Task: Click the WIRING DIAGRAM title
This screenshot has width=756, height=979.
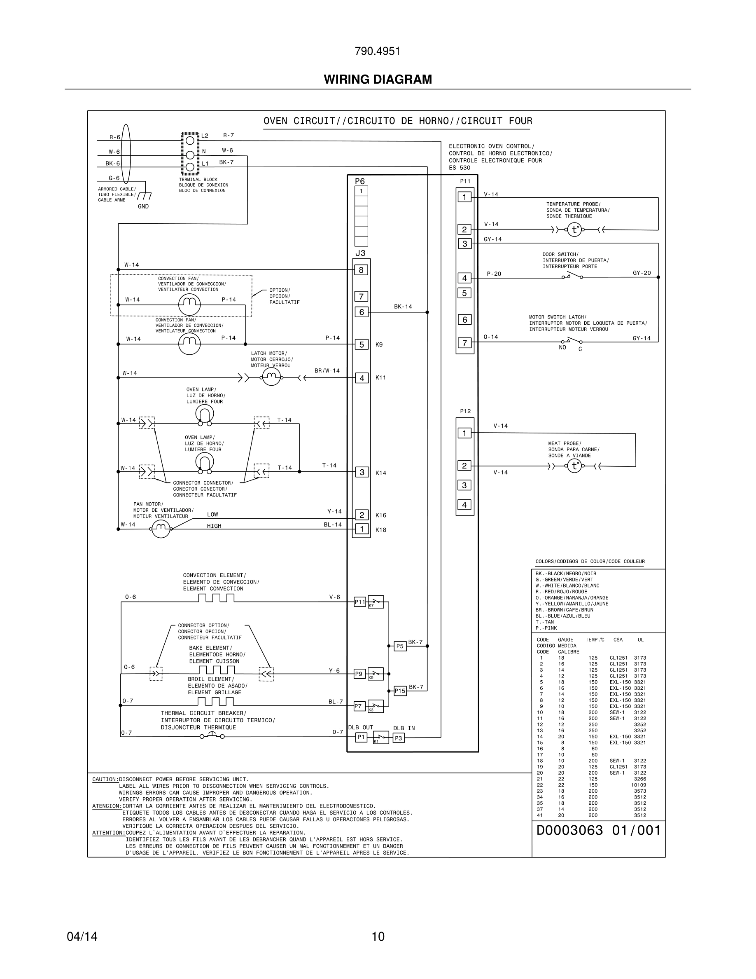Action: point(378,80)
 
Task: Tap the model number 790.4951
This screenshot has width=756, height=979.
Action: point(378,51)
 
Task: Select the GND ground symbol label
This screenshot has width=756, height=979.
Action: point(143,207)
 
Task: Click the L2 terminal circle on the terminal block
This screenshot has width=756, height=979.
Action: point(190,141)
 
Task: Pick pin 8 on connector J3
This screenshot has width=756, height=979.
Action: point(362,270)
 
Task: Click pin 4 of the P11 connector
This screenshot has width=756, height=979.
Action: point(464,278)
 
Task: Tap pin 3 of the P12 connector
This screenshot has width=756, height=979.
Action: point(464,485)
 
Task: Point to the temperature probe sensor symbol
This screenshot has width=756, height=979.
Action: point(574,230)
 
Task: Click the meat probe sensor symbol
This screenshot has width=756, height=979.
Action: point(574,466)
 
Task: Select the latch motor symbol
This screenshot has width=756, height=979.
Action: point(271,377)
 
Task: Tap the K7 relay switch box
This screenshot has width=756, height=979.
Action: point(375,602)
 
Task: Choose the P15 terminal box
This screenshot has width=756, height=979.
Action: point(400,691)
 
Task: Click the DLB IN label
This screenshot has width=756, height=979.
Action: point(404,728)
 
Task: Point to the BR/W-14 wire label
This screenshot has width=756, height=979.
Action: point(327,371)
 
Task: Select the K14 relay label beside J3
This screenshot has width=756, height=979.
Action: point(381,473)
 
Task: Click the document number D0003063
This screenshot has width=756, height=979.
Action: point(570,830)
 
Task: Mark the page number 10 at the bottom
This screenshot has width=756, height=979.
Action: point(378,937)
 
